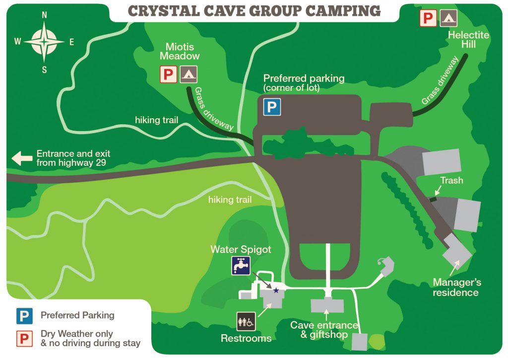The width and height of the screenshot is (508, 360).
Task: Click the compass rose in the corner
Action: [x=44, y=42]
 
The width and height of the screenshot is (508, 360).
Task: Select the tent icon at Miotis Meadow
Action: [x=188, y=74]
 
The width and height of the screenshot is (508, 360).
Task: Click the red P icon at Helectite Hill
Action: [x=428, y=18]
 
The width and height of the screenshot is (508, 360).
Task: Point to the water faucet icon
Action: [x=240, y=266]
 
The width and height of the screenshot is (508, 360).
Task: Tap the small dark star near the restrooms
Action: [x=276, y=290]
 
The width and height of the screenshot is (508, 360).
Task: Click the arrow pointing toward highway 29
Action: [x=21, y=158]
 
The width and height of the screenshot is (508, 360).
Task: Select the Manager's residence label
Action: [x=456, y=288]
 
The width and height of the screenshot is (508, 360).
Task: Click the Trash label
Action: [x=451, y=180]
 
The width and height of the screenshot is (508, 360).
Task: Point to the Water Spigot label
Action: [x=241, y=249]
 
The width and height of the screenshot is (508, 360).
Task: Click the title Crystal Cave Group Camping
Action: [x=254, y=11]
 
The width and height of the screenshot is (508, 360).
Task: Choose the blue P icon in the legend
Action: [x=24, y=315]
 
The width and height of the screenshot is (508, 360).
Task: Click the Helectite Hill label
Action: [x=461, y=40]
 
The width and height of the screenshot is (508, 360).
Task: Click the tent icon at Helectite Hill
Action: [x=448, y=18]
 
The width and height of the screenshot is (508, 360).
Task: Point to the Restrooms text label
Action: [x=246, y=339]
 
